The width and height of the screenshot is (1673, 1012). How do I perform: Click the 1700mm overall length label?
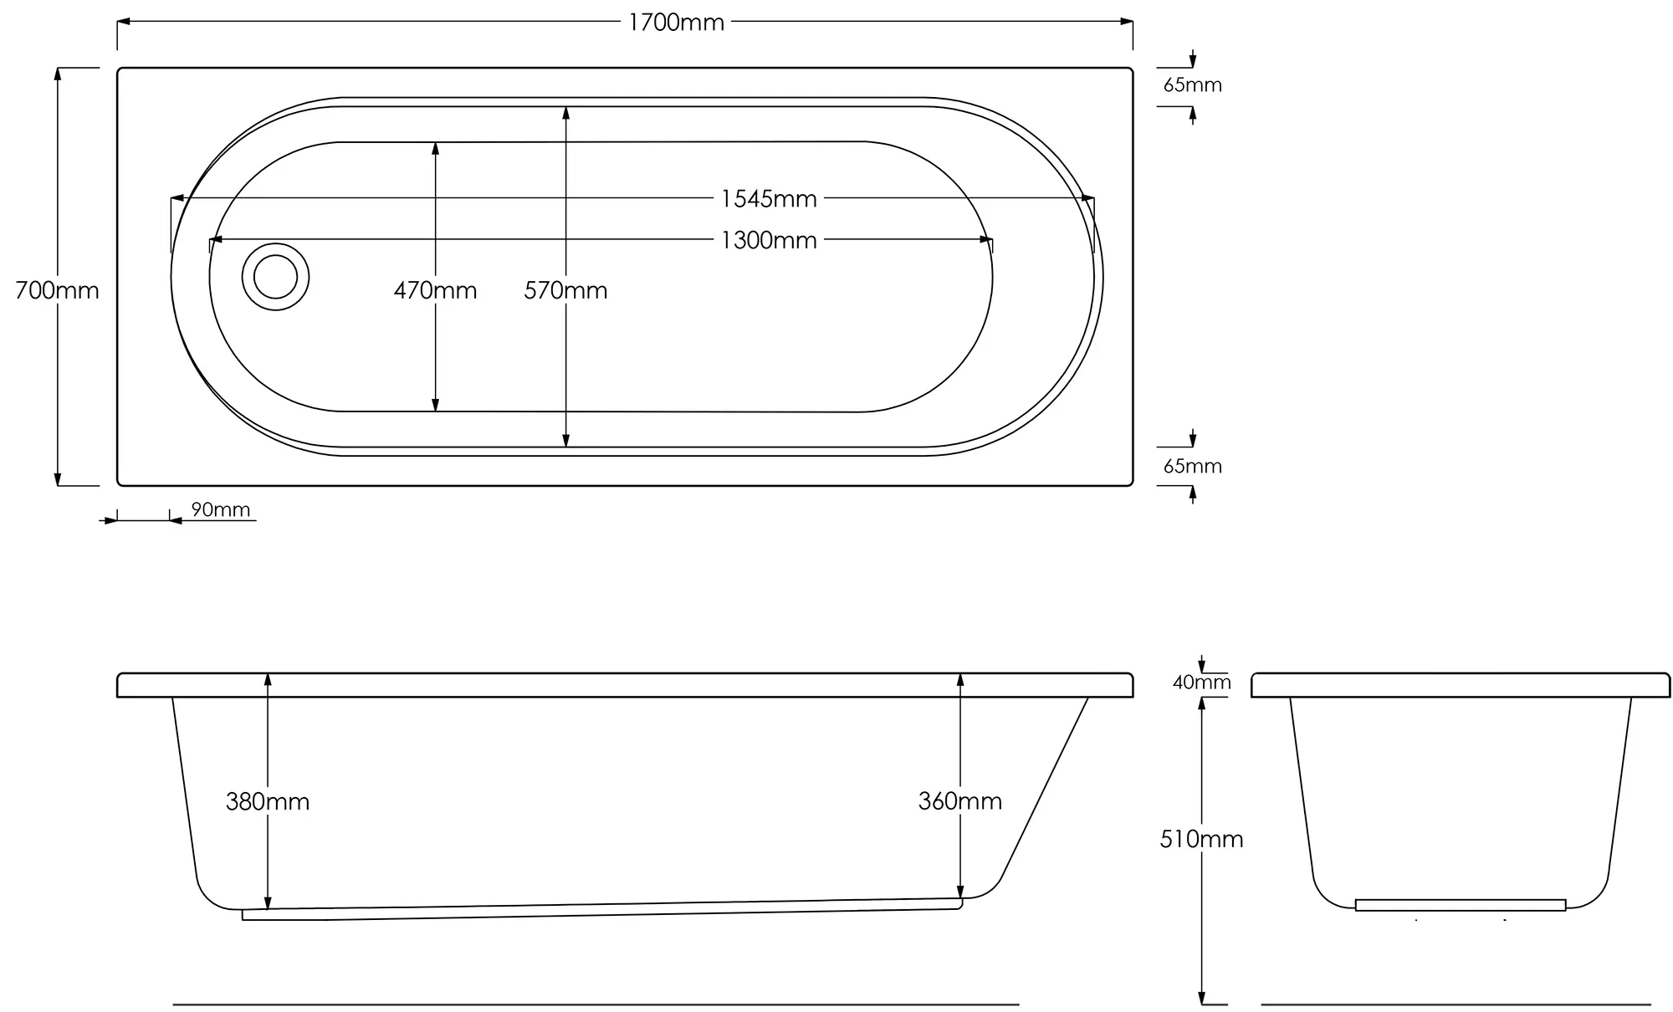pyautogui.click(x=676, y=23)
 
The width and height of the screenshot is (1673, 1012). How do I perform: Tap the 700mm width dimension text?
pyautogui.click(x=57, y=290)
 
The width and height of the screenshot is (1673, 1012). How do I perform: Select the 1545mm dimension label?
pyautogui.click(x=768, y=199)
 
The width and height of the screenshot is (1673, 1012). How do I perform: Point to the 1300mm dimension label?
pyautogui.click(x=768, y=241)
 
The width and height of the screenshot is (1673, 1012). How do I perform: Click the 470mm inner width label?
pyautogui.click(x=435, y=290)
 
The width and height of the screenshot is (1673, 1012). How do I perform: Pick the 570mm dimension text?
pyautogui.click(x=565, y=290)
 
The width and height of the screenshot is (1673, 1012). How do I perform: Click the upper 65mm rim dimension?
pyautogui.click(x=1192, y=85)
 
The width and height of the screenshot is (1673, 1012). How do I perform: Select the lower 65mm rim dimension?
pyautogui.click(x=1192, y=467)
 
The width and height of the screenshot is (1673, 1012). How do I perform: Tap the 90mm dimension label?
pyautogui.click(x=221, y=509)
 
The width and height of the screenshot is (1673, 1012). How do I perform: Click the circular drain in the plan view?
pyautogui.click(x=275, y=277)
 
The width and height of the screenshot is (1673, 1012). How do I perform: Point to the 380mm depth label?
pyautogui.click(x=268, y=801)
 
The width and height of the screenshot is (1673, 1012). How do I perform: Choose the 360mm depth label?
pyautogui.click(x=959, y=801)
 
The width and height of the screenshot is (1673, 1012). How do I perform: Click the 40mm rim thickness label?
pyautogui.click(x=1201, y=682)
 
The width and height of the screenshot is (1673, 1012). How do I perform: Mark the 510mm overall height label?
pyautogui.click(x=1201, y=839)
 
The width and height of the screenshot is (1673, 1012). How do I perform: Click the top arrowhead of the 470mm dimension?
pyautogui.click(x=435, y=148)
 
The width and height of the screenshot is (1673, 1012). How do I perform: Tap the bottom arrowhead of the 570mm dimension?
pyautogui.click(x=565, y=441)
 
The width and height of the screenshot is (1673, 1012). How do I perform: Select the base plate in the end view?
pyautogui.click(x=1460, y=905)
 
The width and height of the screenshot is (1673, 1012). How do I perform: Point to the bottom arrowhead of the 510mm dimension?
pyautogui.click(x=1201, y=999)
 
